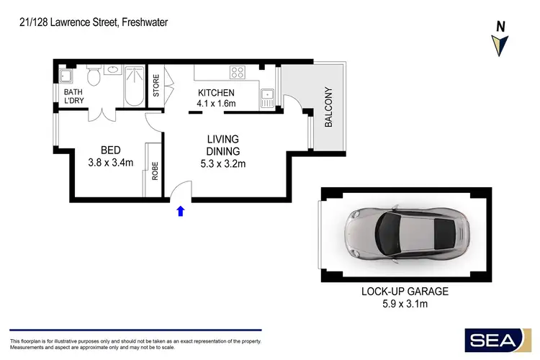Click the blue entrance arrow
180,210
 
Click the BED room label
110,150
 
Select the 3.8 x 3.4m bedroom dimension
110,163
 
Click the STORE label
156,86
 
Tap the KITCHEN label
217,93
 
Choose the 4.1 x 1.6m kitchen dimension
217,104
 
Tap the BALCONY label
329,107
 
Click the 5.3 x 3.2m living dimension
222,163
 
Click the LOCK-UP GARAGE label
405,292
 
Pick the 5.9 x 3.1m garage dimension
405,304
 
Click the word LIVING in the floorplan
222,139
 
